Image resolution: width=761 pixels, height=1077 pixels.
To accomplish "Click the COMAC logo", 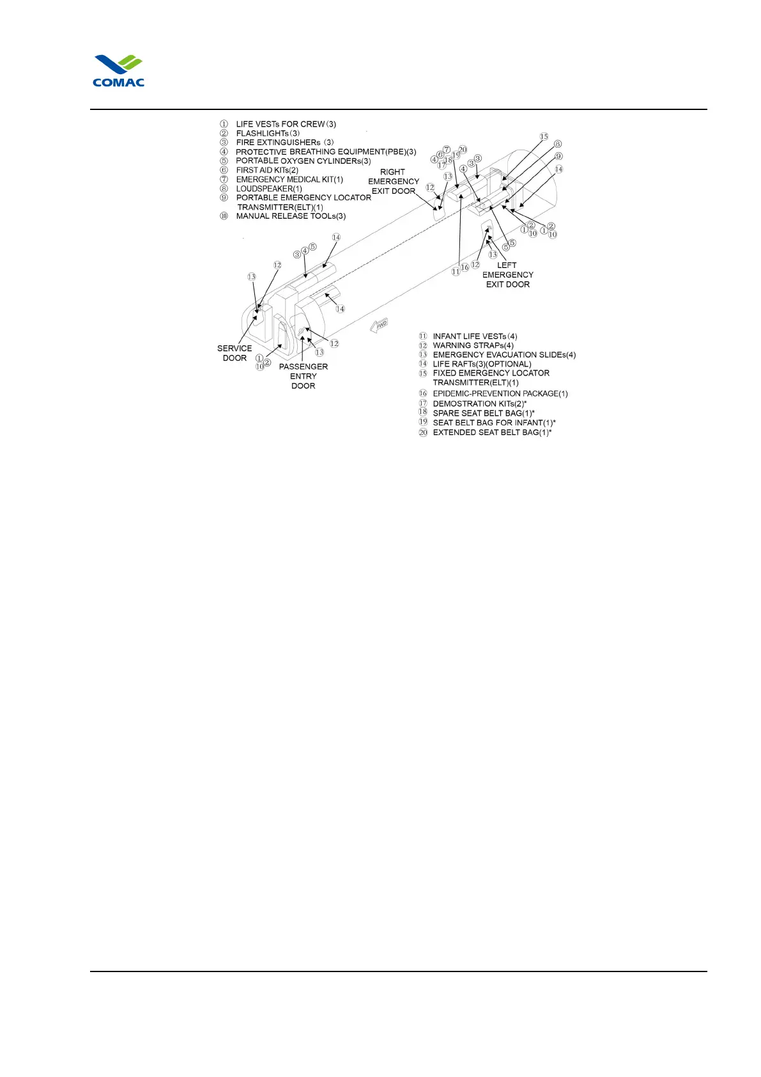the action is point(119,71).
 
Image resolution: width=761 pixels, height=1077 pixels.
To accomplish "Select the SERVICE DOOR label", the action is point(234,353).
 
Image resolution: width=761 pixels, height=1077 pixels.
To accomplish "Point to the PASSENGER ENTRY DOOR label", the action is point(304,376).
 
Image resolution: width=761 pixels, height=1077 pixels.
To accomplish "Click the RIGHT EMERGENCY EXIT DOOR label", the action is point(394,182).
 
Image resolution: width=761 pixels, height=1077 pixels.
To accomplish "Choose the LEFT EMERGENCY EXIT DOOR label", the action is point(507,275).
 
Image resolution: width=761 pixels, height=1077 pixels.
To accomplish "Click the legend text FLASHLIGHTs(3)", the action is point(268,133).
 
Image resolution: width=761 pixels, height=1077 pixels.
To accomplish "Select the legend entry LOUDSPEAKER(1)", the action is point(269,189).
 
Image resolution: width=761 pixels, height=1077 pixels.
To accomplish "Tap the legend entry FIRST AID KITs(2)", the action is point(267,170).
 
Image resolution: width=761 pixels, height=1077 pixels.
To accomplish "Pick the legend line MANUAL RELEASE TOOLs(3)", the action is point(291,216).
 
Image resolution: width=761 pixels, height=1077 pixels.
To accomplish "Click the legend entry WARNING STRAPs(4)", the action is point(473,345).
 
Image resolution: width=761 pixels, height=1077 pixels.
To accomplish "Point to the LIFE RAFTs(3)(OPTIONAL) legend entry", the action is point(482,364).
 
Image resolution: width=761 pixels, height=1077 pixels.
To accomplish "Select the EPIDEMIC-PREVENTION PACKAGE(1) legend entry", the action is point(500,393).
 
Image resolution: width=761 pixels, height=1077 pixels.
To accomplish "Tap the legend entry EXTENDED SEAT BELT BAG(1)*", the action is point(492,432).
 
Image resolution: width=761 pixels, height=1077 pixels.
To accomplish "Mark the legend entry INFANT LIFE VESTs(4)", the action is point(475,336).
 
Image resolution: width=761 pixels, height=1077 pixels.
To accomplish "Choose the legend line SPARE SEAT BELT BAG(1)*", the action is point(484,413).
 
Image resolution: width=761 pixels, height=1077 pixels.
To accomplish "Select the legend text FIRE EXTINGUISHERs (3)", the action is point(285,143).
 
